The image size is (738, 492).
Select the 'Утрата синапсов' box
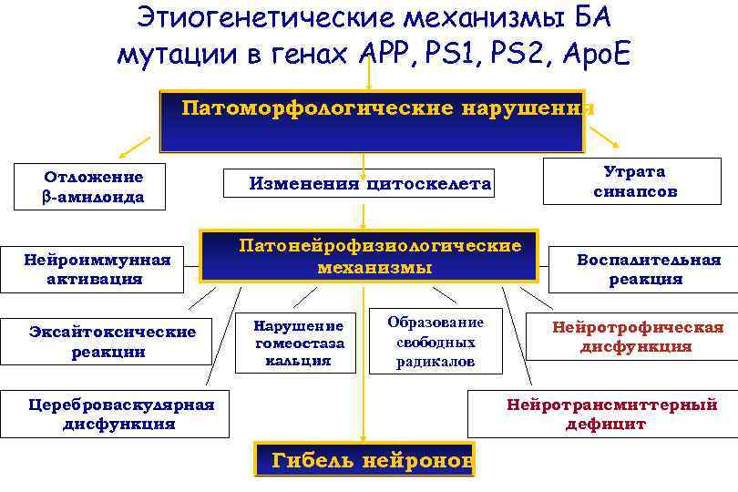point(635,181)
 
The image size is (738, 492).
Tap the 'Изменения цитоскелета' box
point(370,184)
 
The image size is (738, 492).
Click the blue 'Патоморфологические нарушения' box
point(372,121)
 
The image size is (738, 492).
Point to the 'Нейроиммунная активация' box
point(97,269)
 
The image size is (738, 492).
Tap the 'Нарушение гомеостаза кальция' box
point(299,343)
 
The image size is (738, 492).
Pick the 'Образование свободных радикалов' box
point(435,342)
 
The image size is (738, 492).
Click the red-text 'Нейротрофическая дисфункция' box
point(636,337)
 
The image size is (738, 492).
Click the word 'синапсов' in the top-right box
point(635,192)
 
